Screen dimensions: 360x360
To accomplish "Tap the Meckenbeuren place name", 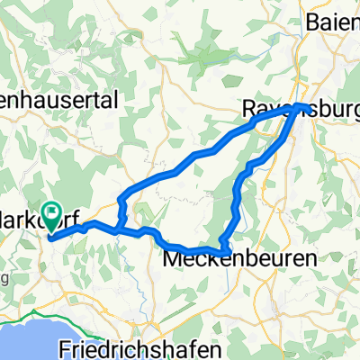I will pyautogui.click(x=240, y=258).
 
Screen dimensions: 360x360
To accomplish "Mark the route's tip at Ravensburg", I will pyautogui.click(x=306, y=108).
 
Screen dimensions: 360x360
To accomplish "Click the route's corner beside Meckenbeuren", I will pyautogui.click(x=228, y=247).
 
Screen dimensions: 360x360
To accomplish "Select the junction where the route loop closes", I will pyautogui.click(x=118, y=229).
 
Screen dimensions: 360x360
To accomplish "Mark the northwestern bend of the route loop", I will pyautogui.click(x=119, y=196).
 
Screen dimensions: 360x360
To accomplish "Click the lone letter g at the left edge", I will pyautogui.click(x=4, y=280).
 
